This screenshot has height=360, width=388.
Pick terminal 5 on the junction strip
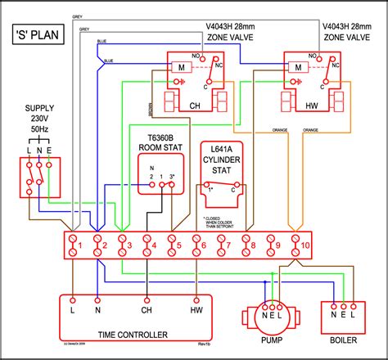(x=174, y=245)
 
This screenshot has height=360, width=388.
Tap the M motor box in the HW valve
(x=294, y=70)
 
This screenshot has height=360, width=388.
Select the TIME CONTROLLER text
(x=132, y=335)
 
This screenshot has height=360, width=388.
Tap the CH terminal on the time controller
(x=147, y=311)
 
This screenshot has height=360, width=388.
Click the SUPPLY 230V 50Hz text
(x=40, y=119)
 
